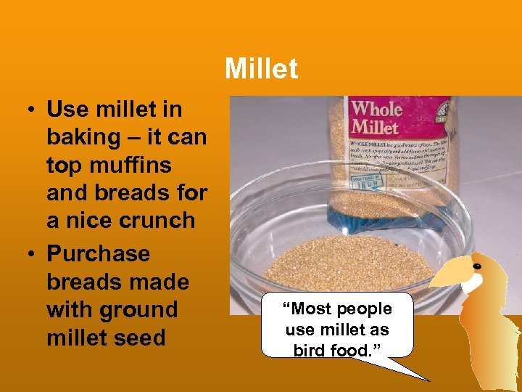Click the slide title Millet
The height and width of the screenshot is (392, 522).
point(261,69)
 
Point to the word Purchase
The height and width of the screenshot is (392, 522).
point(98,254)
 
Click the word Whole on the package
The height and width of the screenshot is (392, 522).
point(377,110)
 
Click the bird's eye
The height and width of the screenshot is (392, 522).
point(476,267)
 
